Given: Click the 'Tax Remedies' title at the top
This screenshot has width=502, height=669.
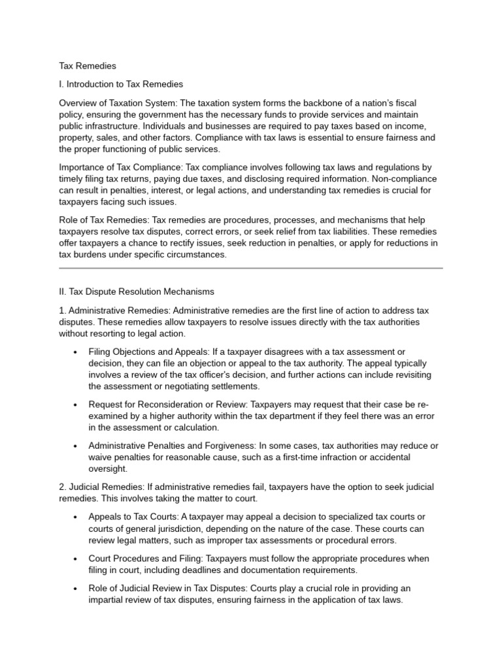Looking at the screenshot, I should pyautogui.click(x=88, y=66).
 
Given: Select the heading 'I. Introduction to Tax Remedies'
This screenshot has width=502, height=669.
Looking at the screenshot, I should pyautogui.click(x=121, y=84).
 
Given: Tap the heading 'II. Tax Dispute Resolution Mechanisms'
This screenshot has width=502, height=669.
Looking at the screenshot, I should pyautogui.click(x=136, y=291).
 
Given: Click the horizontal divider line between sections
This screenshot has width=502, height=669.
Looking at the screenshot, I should pyautogui.click(x=251, y=268).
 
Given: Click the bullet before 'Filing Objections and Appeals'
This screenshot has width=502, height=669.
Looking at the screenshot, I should pyautogui.click(x=75, y=353).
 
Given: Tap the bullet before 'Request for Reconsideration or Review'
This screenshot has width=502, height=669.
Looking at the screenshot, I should pyautogui.click(x=75, y=405).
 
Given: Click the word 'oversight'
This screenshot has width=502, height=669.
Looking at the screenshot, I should pyautogui.click(x=108, y=469).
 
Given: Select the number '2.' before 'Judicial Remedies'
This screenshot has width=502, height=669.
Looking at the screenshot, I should pyautogui.click(x=63, y=487).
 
